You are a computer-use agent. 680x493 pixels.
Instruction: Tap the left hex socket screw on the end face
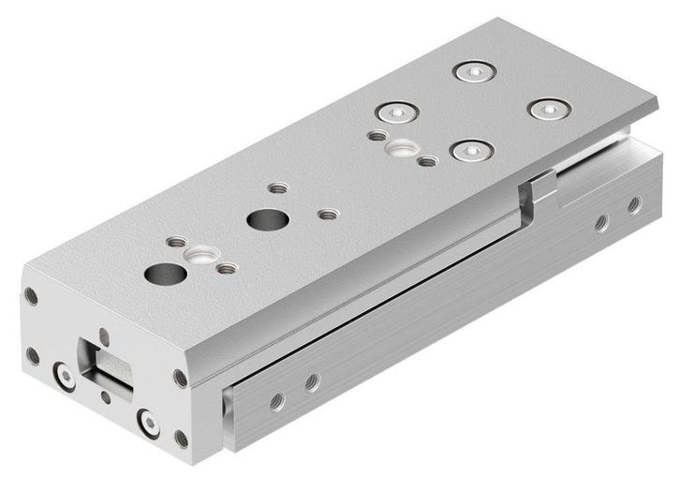click(65, 377)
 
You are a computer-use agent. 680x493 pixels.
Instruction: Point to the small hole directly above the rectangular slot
click(103, 334)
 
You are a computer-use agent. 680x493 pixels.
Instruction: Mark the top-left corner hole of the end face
click(32, 297)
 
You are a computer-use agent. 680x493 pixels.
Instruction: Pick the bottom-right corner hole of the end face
click(181, 439)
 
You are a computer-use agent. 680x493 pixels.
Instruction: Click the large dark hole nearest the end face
click(166, 275)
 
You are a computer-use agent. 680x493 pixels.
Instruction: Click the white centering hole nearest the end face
click(200, 254)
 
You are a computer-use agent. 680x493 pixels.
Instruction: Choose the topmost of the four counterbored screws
click(473, 71)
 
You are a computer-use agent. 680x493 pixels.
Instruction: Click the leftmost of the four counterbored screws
click(397, 112)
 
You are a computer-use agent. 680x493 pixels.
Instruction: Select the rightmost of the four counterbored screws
click(548, 109)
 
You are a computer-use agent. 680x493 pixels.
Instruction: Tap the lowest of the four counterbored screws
click(471, 150)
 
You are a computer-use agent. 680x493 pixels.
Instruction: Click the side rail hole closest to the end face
click(276, 401)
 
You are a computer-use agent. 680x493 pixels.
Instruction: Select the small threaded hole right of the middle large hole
click(327, 215)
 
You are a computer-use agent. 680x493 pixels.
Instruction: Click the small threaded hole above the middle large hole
click(275, 187)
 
